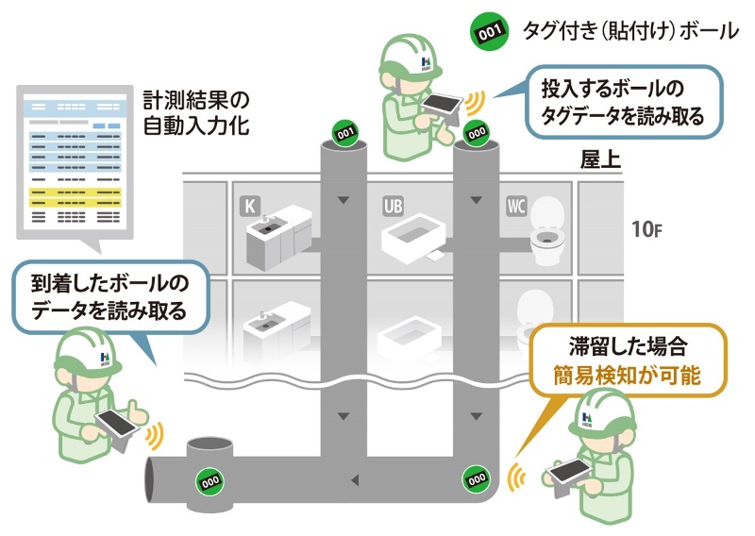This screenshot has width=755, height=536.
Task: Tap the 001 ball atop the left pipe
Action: coord(344,132)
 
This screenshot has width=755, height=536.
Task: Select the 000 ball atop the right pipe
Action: coord(477,132)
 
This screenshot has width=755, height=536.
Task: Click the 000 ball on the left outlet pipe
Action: coord(209,479)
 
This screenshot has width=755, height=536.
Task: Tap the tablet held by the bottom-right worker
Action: coord(572,469)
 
